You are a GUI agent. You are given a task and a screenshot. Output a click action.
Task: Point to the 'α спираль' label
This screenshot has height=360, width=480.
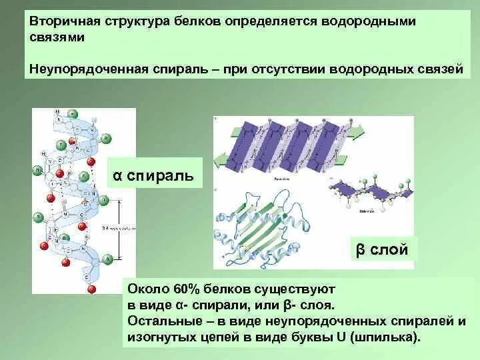pyautogui.click(x=153, y=176)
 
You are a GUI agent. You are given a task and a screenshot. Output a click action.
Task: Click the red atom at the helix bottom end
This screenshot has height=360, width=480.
pyautogui.click(x=92, y=288)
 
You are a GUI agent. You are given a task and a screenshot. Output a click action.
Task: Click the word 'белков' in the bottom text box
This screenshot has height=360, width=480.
pyautogui.click(x=233, y=289)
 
